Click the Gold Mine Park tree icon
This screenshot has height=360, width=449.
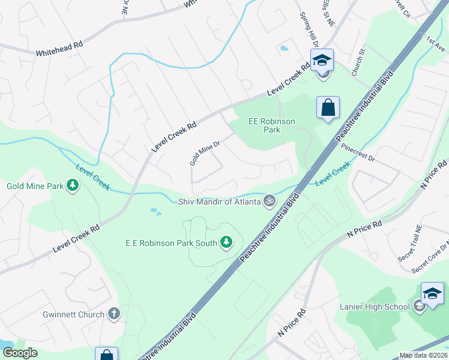click(73, 185)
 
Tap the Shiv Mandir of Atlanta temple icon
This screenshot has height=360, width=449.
click(270, 201)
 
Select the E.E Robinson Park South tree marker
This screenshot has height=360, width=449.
click(226, 242)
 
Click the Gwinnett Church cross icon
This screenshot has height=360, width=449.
click(114, 313)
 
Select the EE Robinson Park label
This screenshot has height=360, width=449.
click(272, 125)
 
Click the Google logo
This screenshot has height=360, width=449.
click(20, 353)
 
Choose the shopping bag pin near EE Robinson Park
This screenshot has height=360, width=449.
click(328, 108)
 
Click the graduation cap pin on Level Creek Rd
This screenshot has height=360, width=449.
click(322, 60)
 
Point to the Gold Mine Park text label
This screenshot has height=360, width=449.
click(35, 186)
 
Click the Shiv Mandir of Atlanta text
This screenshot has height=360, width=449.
click(220, 202)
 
